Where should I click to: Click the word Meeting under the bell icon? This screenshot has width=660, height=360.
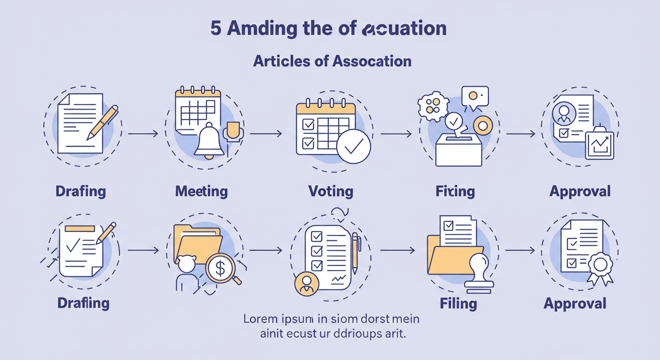tap(201, 191)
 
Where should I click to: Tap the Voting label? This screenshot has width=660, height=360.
tap(330, 191)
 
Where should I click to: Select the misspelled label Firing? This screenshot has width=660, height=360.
tap(455, 191)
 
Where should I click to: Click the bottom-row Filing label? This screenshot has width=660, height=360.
tap(458, 303)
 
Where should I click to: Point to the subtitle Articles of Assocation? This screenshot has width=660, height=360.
tap(332, 61)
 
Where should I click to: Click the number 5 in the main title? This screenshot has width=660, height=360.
tap(216, 29)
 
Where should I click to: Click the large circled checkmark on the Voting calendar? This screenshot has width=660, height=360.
tap(353, 147)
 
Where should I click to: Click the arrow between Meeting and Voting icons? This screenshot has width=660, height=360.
tap(266, 134)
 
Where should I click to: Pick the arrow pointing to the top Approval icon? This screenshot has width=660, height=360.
tap(521, 134)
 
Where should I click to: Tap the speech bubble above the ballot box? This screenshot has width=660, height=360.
tap(475, 97)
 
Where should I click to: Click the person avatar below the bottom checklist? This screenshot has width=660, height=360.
tap(307, 283)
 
